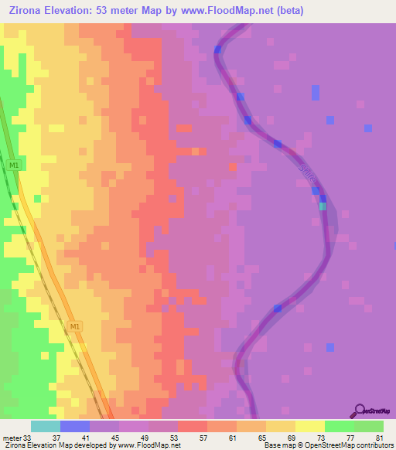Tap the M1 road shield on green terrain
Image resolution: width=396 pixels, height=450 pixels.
13,165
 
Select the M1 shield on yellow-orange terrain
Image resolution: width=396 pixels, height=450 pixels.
75,326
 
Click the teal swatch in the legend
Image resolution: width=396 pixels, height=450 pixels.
45,426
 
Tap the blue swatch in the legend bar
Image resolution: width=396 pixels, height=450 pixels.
74,426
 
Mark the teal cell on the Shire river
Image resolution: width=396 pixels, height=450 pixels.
323,206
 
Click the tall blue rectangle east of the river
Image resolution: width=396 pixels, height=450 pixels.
316,93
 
